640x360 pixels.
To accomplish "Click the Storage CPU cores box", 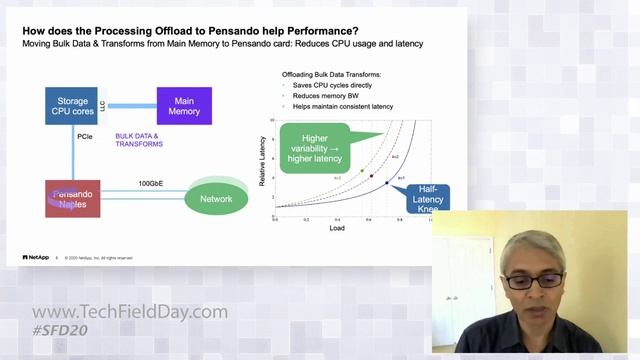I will coord(71,104).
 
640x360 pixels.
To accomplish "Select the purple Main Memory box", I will coord(184,105).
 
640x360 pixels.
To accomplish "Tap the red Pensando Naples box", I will coord(72,198).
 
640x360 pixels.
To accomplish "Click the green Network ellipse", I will coord(216,199).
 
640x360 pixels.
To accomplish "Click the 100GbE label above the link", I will coord(151,183).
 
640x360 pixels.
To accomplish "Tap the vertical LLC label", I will coord(103,104).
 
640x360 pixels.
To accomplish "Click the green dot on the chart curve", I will coord(361,171).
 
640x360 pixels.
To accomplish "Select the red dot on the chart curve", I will coord(372,176).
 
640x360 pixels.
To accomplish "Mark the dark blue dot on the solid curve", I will coord(387,183).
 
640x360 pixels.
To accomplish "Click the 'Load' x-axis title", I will coord(337,228).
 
